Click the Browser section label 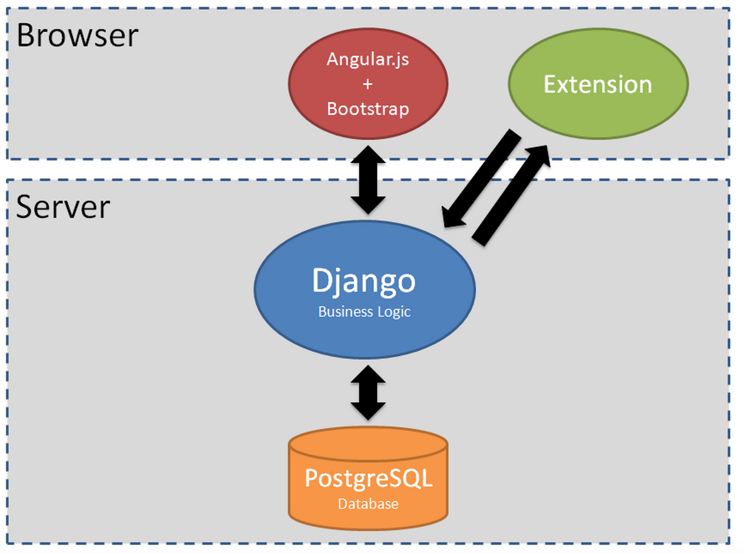click(77, 35)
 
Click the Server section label click(63, 207)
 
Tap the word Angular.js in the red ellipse click(368, 60)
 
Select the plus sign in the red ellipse click(368, 84)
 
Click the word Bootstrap click(368, 109)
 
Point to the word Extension click(598, 84)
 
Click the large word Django click(364, 281)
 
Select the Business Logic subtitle click(364, 312)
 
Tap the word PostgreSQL click(369, 478)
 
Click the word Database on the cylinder click(368, 504)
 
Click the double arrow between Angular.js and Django click(368, 180)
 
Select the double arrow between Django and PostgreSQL click(368, 393)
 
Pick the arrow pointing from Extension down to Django click(481, 179)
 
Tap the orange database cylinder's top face click(368, 444)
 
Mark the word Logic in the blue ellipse click(394, 312)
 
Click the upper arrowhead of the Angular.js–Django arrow click(368, 155)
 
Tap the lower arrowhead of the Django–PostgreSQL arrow click(368, 411)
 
